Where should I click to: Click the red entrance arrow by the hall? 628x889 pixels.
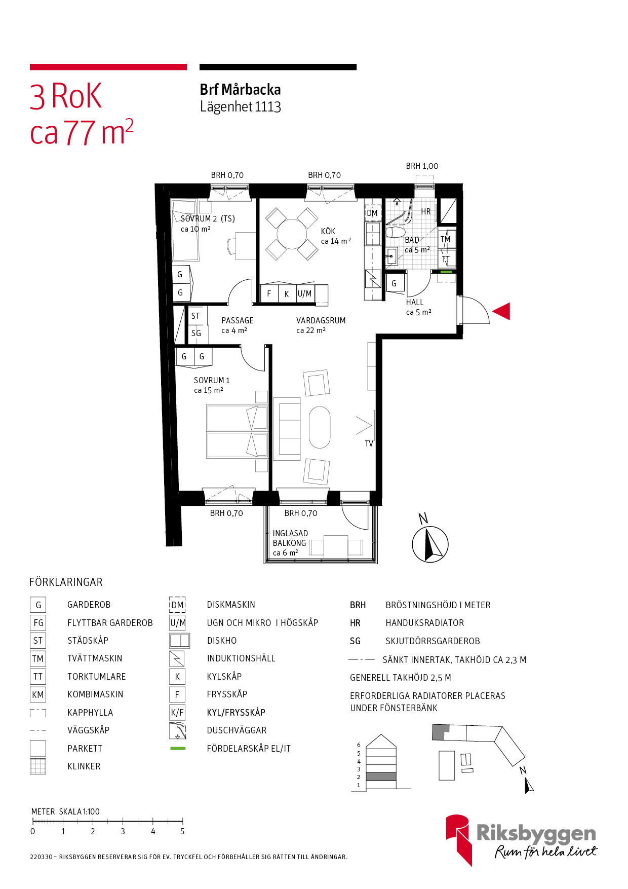(501, 311)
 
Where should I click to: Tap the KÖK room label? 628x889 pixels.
(328, 231)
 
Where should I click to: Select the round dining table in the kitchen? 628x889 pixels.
(292, 234)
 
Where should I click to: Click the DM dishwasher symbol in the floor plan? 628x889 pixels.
(372, 213)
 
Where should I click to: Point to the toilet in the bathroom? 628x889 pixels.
(395, 233)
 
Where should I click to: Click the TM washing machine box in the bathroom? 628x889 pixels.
(446, 239)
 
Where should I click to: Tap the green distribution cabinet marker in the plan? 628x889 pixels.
(446, 272)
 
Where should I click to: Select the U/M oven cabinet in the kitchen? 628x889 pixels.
(305, 293)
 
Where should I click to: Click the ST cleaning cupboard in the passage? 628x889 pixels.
(195, 316)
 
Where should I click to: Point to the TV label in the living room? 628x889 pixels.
(369, 443)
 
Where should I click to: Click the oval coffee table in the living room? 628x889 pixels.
(320, 427)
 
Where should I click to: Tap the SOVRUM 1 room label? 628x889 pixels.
(212, 380)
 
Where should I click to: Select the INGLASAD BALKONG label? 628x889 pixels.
(290, 538)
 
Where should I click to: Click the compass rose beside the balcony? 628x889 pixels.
(430, 544)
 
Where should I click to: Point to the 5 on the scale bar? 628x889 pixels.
(182, 831)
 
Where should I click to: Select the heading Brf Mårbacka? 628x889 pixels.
(241, 90)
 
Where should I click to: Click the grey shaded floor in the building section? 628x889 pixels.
(381, 776)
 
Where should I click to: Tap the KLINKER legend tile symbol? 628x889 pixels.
(38, 766)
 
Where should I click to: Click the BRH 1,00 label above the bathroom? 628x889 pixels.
(422, 166)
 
